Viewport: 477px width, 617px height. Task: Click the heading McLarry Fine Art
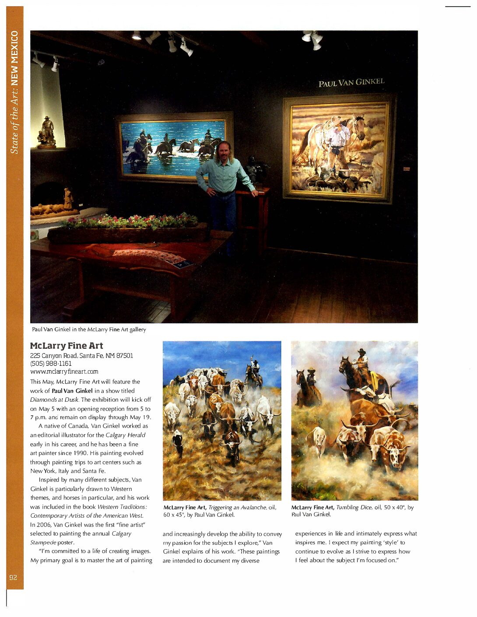pos(67,346)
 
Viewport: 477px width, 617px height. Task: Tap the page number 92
pos(14,577)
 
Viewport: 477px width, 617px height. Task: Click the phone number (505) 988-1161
pos(51,364)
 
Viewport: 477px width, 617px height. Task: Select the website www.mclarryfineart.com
pos(64,372)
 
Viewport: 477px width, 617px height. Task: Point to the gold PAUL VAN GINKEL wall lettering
pos(351,82)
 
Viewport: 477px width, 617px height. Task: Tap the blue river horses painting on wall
pos(174,146)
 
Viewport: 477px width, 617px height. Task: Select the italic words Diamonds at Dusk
pos(54,400)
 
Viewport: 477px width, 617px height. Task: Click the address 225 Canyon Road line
pos(81,355)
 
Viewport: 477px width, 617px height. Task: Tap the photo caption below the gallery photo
pos(89,330)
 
